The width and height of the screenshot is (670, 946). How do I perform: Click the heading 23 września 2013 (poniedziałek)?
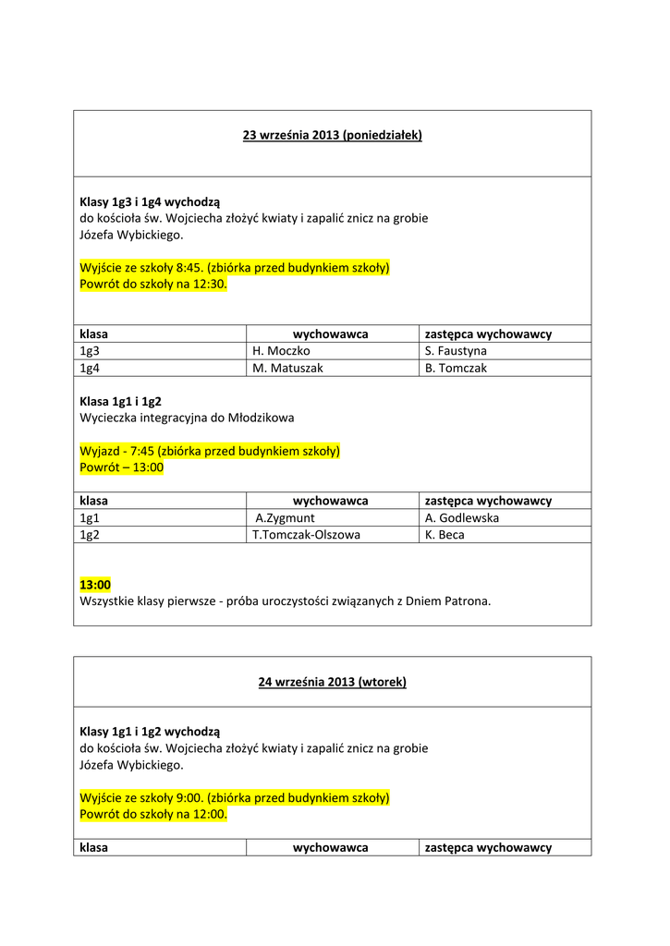point(332,135)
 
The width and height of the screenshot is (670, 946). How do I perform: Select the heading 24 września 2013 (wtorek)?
point(332,682)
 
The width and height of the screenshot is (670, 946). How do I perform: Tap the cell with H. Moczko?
point(281,351)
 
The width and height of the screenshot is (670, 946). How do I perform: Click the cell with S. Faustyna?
point(456,351)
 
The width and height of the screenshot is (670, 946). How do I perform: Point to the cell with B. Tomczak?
point(456,368)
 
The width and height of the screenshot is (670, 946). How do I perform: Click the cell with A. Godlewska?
point(462,518)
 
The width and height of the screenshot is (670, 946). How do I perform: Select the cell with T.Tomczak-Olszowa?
point(306,535)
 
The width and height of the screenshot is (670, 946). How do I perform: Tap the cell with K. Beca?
point(445,535)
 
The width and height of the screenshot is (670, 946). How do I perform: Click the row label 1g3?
point(90,351)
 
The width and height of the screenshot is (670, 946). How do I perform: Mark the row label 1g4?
point(90,368)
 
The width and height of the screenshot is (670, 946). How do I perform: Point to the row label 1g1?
point(90,518)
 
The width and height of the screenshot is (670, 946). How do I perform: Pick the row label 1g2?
point(90,535)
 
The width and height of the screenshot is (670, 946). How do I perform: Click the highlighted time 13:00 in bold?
point(95,585)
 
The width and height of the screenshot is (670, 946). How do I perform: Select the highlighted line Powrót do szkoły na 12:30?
point(152,285)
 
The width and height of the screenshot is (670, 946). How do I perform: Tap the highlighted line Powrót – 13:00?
point(122,467)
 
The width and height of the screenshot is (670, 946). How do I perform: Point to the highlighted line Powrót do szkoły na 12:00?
point(152,815)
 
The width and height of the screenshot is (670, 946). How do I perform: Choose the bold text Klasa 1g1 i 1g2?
point(121,401)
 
